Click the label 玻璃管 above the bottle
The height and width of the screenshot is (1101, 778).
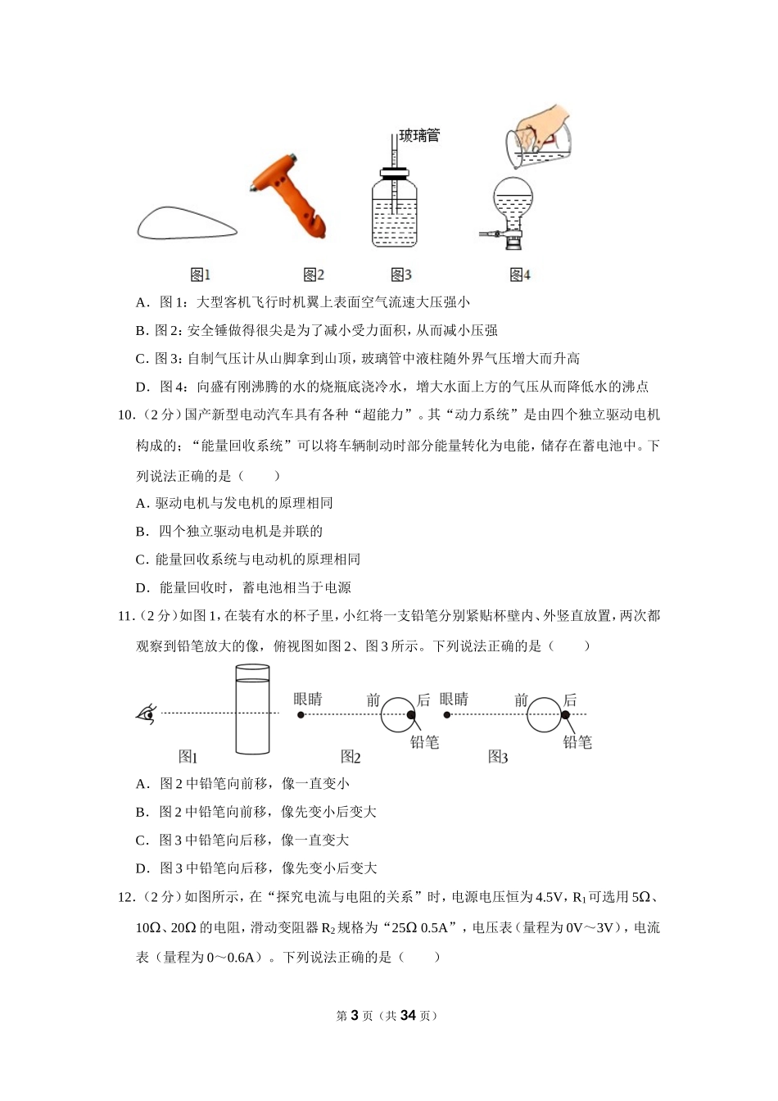(419, 135)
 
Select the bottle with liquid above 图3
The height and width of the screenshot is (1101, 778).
(394, 208)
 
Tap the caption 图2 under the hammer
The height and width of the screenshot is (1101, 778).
(314, 274)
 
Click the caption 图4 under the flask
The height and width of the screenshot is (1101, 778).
(520, 274)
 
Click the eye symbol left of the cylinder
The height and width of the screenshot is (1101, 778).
(147, 714)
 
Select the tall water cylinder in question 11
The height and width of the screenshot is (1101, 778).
(252, 709)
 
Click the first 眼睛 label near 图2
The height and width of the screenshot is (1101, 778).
(308, 699)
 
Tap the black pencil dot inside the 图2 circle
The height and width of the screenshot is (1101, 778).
(410, 715)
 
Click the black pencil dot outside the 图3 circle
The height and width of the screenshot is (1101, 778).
(565, 714)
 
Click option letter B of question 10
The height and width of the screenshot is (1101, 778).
(141, 531)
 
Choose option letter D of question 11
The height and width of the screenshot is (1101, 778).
(142, 868)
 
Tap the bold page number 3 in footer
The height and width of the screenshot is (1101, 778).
(355, 1015)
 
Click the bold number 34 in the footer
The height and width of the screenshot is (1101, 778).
(408, 1015)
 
